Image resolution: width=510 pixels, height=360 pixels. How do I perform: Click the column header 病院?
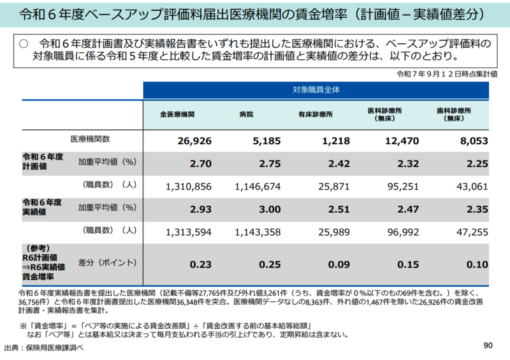pyautogui.click(x=246, y=114)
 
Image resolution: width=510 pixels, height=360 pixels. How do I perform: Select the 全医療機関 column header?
pyautogui.click(x=177, y=114)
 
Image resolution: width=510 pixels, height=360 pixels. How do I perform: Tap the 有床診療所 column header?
pyautogui.click(x=315, y=114)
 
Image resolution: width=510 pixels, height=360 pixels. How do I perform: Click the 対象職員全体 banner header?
pyautogui.click(x=316, y=89)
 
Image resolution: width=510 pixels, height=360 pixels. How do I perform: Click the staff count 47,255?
pyautogui.click(x=472, y=231)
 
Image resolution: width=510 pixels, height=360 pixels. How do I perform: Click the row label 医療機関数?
pyautogui.click(x=91, y=139)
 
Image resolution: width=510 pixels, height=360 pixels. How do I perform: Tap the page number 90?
pyautogui.click(x=489, y=345)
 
